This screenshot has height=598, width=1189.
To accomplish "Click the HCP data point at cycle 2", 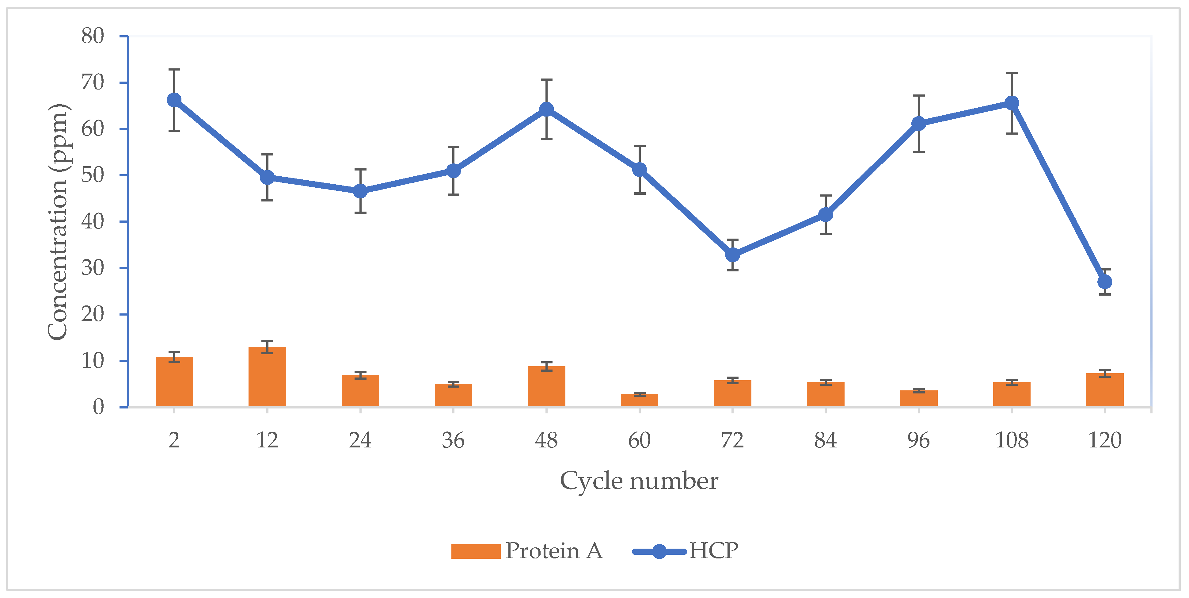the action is (x=174, y=100).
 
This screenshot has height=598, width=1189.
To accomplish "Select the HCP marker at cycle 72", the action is (x=732, y=255).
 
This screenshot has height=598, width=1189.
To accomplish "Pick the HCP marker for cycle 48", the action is (x=546, y=109).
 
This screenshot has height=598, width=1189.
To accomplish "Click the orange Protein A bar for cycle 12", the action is (x=267, y=377).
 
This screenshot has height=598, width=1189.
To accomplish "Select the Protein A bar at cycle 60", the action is (x=639, y=401).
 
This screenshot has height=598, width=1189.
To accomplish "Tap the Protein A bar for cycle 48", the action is (x=546, y=386).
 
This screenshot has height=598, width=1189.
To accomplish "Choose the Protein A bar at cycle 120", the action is (x=1104, y=390).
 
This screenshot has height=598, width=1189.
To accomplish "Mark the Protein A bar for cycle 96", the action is (x=918, y=398).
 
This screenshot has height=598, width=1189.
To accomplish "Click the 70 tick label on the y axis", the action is (x=93, y=83).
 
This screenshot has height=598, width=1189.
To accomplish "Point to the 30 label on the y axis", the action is (x=93, y=268).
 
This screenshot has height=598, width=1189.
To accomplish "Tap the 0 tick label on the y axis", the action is (x=98, y=407).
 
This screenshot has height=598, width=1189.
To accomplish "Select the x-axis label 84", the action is (x=825, y=440).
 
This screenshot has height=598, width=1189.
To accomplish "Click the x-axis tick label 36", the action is (x=453, y=440).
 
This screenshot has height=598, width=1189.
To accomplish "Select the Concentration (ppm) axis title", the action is (x=59, y=222).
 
